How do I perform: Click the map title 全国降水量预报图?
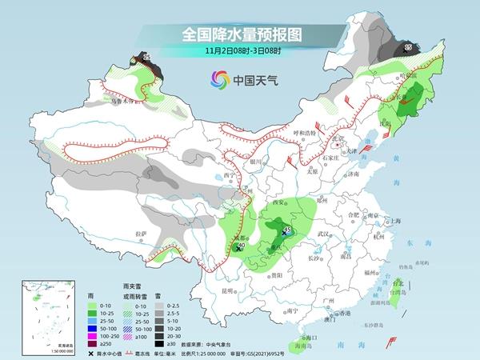point(240,34)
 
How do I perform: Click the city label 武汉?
point(323,233)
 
